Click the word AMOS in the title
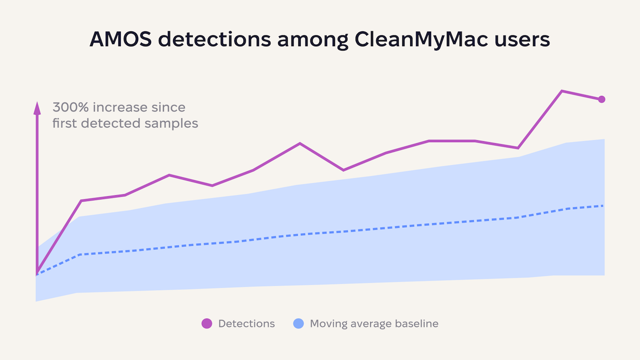[x=120, y=40]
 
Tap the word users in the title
[x=524, y=40]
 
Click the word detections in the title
[x=214, y=40]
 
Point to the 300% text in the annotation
[x=70, y=107]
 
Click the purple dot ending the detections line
[x=601, y=99]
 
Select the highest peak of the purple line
[x=562, y=91]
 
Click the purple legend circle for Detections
[x=207, y=324]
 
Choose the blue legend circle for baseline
[x=298, y=324]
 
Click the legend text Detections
[x=246, y=324]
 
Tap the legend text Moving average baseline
[x=374, y=324]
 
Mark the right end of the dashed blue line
[x=603, y=206]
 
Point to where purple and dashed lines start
[x=37, y=274]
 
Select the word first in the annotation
[x=65, y=123]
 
